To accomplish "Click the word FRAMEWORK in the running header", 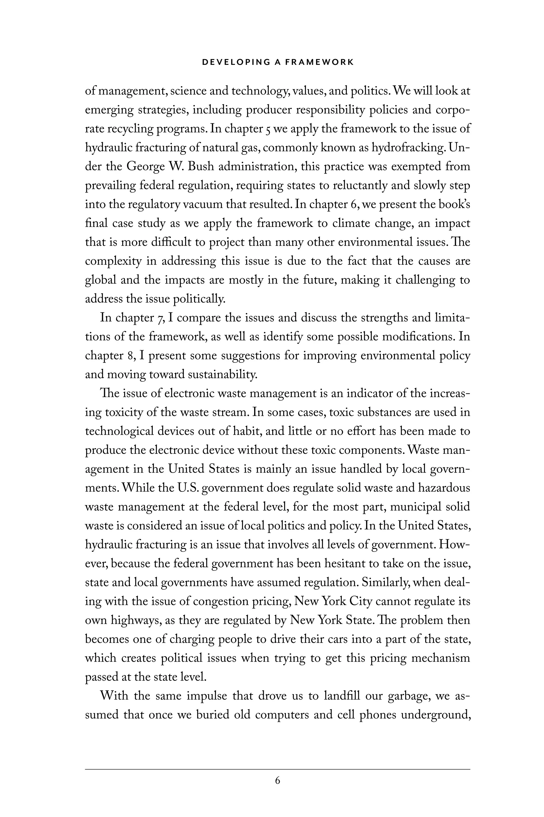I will coord(319,62).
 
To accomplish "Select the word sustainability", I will coord(222,374).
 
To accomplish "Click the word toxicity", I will coord(124,413).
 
